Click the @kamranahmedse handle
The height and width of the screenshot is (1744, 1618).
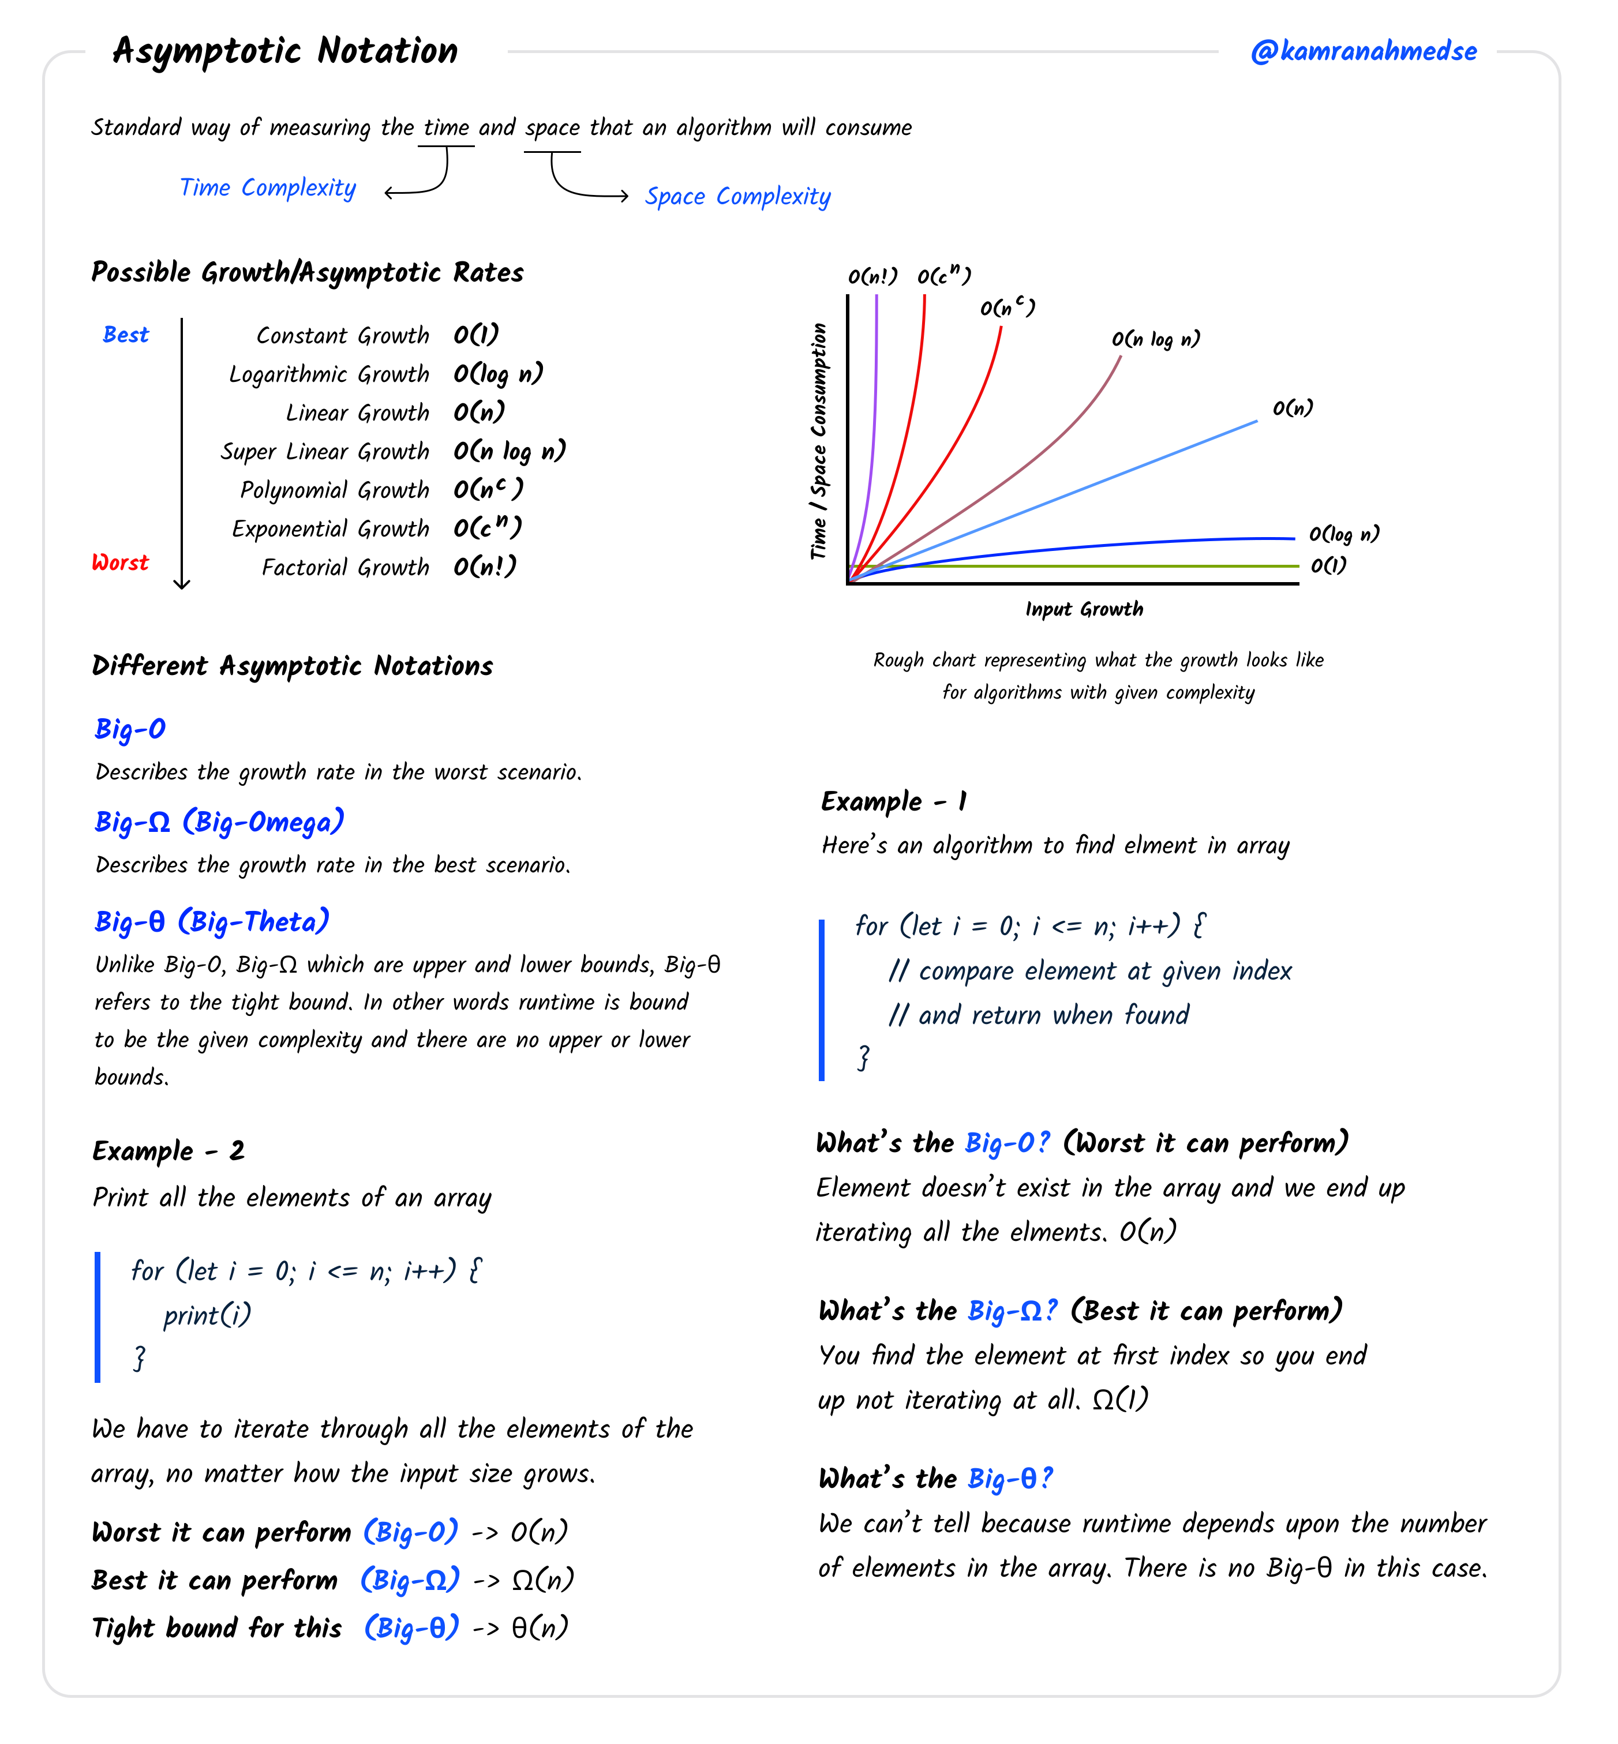coord(1362,52)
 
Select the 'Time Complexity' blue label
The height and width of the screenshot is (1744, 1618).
coord(267,187)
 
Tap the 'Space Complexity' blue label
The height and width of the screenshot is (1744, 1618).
coord(737,196)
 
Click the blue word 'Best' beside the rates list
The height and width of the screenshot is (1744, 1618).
coord(126,335)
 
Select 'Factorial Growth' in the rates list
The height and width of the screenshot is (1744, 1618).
coord(345,567)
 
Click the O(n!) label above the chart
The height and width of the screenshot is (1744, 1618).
coord(872,277)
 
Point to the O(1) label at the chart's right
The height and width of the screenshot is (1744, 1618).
coord(1328,565)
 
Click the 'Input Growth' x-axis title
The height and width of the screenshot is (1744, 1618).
coord(1084,609)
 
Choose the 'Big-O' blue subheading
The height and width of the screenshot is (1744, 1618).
coord(130,729)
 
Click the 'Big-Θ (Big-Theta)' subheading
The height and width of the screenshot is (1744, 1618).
coord(212,921)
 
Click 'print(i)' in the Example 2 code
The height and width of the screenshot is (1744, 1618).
coord(207,1314)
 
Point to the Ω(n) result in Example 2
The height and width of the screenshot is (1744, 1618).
coord(543,1580)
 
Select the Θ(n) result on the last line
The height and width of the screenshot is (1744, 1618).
coord(540,1627)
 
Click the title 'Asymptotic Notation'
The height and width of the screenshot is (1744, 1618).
coord(286,51)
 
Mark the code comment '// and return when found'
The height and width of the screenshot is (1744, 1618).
coord(1039,1015)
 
